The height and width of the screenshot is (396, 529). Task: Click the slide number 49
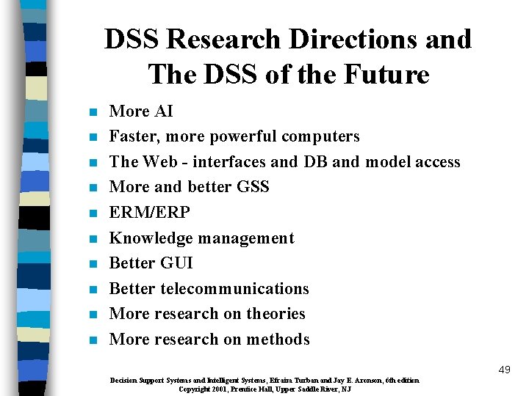click(x=503, y=370)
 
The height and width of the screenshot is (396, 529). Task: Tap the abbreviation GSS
click(x=253, y=187)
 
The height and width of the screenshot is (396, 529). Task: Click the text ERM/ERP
click(x=149, y=213)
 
